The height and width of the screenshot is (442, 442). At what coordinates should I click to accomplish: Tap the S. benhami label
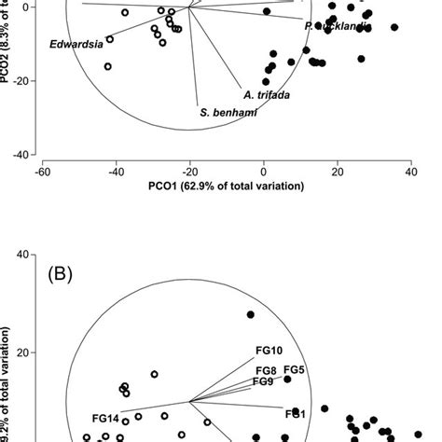click(x=228, y=112)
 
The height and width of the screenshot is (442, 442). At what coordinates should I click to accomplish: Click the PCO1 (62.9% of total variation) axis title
click(x=227, y=186)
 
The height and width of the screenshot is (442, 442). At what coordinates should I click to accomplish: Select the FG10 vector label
click(x=269, y=351)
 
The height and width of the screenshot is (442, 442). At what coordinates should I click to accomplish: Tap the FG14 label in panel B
click(x=105, y=418)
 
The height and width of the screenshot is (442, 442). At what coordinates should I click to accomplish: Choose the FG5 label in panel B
click(x=295, y=369)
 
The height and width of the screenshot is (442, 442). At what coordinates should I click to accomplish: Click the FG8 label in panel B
click(x=266, y=370)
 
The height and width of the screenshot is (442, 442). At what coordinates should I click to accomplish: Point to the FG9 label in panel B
click(x=263, y=381)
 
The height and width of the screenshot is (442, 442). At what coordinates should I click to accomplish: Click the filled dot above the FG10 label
click(x=250, y=314)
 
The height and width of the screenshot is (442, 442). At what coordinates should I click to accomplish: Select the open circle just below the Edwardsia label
click(x=107, y=66)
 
